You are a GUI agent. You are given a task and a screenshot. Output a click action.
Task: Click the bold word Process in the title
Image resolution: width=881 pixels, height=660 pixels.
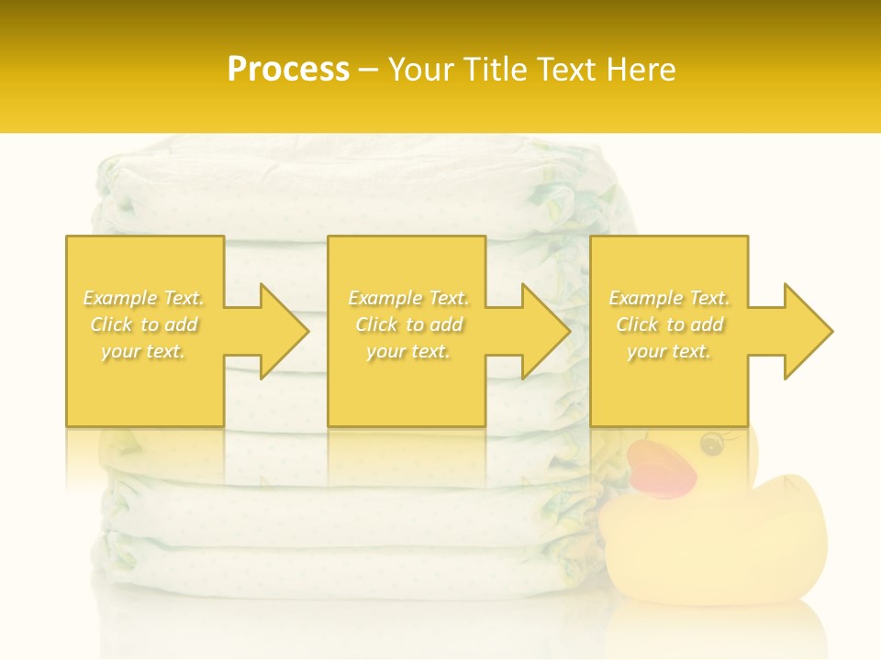click(x=288, y=70)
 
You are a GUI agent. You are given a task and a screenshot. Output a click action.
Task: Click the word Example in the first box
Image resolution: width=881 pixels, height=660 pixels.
click(x=120, y=298)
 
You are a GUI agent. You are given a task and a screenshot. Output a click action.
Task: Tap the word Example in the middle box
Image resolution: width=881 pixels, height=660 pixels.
click(x=385, y=298)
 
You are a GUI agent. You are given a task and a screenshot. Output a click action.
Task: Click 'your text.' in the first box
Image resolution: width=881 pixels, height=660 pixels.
click(x=143, y=351)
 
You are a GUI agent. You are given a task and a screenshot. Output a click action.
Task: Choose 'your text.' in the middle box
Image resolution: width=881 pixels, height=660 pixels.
click(x=408, y=351)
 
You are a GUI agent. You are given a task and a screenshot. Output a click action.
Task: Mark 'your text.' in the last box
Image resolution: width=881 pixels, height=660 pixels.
click(x=669, y=351)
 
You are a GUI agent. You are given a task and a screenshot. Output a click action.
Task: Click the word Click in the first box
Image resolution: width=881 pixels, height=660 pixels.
click(x=110, y=324)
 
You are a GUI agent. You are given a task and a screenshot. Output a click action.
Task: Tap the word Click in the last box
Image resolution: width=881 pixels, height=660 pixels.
click(x=637, y=324)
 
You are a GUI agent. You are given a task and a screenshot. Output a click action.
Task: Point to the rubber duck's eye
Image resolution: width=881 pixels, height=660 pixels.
click(x=711, y=445)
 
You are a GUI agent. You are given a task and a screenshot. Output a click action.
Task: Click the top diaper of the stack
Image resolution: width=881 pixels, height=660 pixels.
click(x=367, y=170)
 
